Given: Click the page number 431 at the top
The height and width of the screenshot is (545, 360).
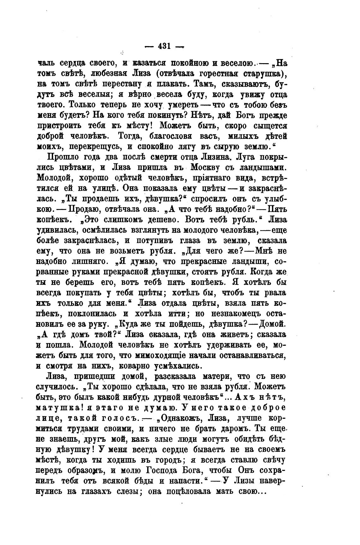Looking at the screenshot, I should [164, 46].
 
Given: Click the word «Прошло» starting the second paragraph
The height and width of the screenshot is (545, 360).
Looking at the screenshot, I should [62, 157].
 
